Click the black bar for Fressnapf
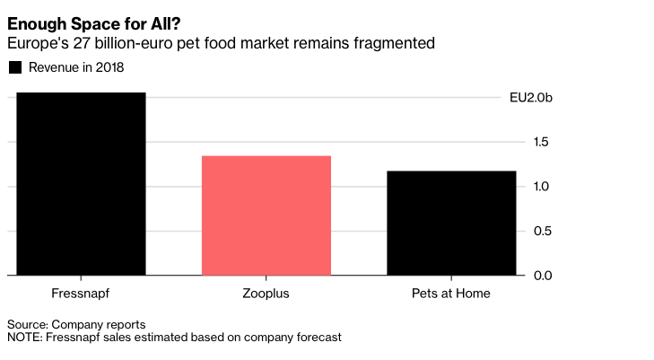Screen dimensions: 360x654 [81, 183]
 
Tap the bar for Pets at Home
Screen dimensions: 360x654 [451, 223]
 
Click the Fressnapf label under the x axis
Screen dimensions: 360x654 [81, 294]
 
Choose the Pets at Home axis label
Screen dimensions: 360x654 [451, 294]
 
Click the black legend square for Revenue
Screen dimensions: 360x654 [14, 67]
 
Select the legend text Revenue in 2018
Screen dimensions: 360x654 [76, 67]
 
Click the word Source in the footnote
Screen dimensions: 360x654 [27, 324]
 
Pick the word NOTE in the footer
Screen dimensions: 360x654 [25, 338]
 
